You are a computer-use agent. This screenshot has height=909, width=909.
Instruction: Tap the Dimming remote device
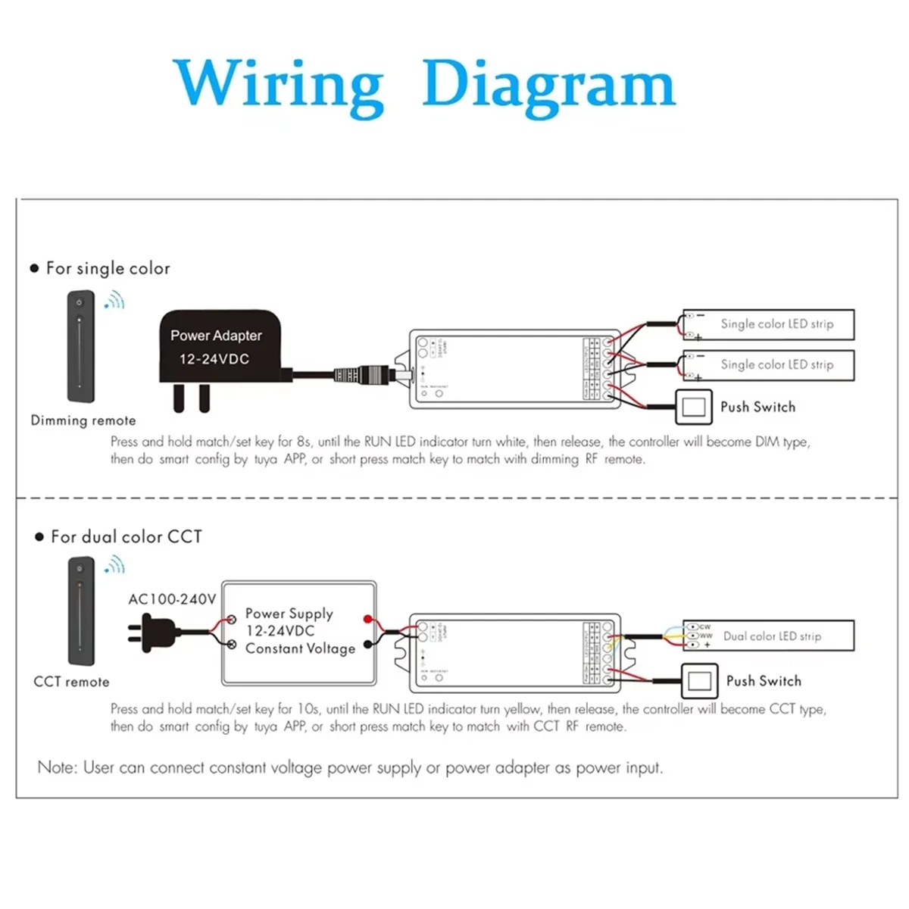point(80,346)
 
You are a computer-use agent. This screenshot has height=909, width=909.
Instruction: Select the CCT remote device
point(81,610)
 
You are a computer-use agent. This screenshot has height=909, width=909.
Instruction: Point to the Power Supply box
point(298,633)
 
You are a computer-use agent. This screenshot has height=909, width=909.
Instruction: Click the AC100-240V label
point(172,599)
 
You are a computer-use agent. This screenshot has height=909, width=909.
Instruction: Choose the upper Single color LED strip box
point(769,324)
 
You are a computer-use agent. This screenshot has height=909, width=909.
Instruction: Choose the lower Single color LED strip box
point(769,365)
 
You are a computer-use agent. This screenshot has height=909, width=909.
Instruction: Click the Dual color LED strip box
point(769,636)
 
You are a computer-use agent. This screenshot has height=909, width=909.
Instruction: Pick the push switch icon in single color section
point(694,407)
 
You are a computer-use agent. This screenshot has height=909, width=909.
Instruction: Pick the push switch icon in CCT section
point(699,680)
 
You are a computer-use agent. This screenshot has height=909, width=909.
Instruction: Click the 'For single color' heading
point(108,268)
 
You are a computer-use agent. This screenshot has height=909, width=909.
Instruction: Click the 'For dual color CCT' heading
point(126,537)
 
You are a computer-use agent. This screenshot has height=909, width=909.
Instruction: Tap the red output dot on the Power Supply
point(368,620)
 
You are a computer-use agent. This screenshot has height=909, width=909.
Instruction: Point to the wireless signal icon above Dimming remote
point(115,301)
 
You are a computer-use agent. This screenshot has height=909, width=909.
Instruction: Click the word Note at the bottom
point(57,767)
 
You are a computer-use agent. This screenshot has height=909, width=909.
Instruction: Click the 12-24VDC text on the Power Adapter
point(214,359)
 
